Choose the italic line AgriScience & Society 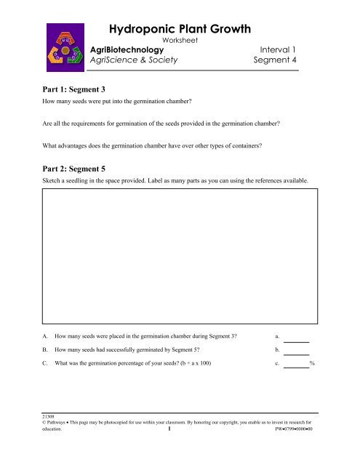coord(133,62)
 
